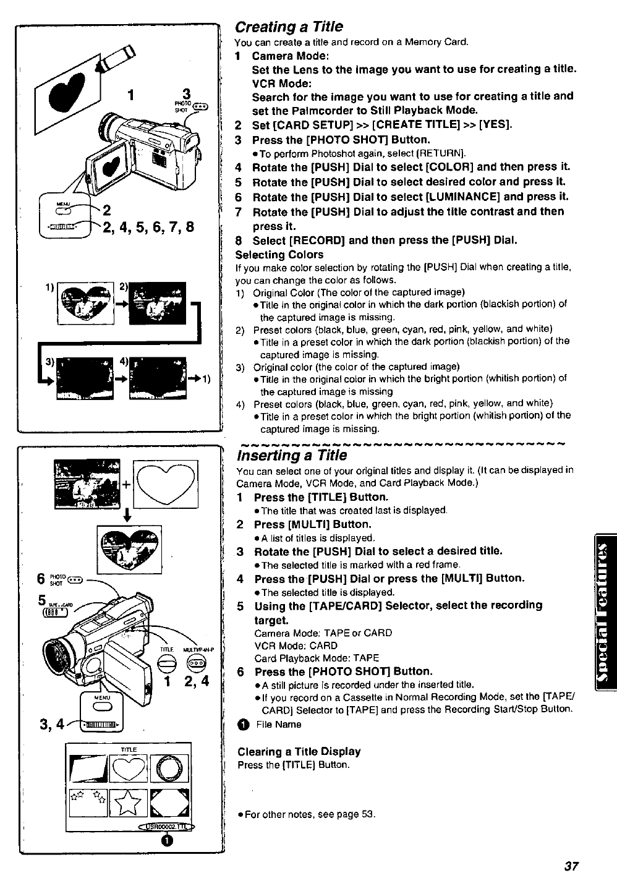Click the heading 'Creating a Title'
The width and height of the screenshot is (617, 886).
[288, 27]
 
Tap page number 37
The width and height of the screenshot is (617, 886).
[571, 866]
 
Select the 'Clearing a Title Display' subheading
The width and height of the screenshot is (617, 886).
[299, 751]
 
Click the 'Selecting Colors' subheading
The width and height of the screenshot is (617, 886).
[279, 255]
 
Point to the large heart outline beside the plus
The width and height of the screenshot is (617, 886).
[164, 482]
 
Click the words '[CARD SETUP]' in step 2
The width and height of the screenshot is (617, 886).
[284, 124]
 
